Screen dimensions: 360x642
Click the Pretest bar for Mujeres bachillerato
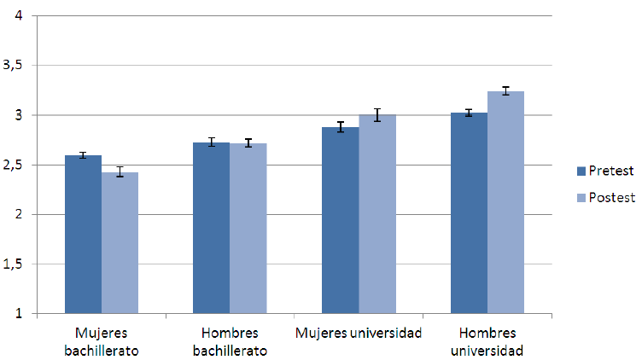(83, 235)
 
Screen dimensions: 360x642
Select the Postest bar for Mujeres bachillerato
(120, 243)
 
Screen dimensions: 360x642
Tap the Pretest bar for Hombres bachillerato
(211, 229)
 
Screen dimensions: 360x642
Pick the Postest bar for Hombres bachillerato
(248, 229)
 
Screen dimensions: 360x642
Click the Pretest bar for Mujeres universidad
(340, 221)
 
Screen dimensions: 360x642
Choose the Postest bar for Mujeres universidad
(376, 214)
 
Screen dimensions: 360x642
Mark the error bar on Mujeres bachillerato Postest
(120, 172)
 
